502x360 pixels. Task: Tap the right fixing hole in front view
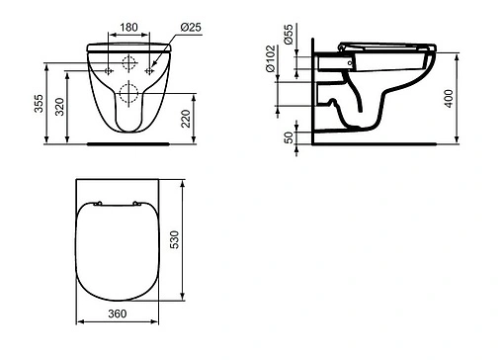coord(151,70)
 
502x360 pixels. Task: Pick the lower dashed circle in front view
coord(126,95)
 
